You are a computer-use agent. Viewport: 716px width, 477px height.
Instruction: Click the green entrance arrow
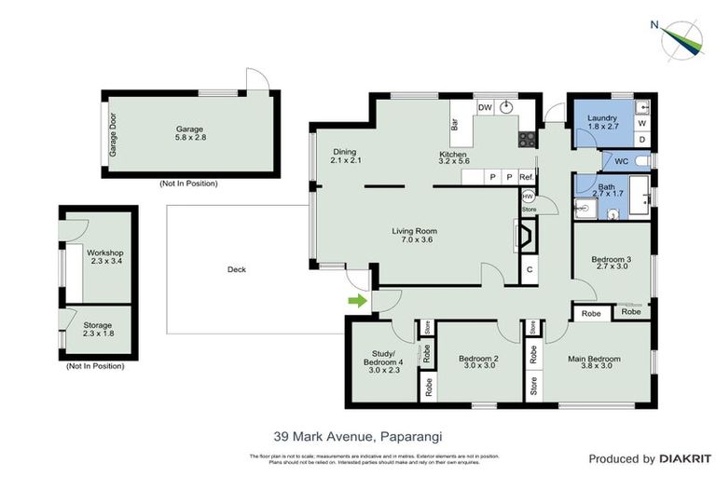(356, 300)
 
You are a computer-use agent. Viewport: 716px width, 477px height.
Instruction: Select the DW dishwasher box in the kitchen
(485, 108)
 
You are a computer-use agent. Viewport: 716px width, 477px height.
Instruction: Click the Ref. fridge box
(527, 177)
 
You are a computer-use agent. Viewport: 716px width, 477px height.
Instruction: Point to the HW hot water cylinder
(529, 197)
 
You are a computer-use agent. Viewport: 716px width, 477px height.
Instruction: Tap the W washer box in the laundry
(641, 123)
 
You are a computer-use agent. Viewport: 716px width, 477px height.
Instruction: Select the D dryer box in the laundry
(641, 140)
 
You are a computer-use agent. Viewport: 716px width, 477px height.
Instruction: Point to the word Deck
(237, 270)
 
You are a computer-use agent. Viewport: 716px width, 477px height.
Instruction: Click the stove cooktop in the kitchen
(527, 140)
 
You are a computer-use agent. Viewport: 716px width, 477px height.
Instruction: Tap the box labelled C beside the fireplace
(529, 270)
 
